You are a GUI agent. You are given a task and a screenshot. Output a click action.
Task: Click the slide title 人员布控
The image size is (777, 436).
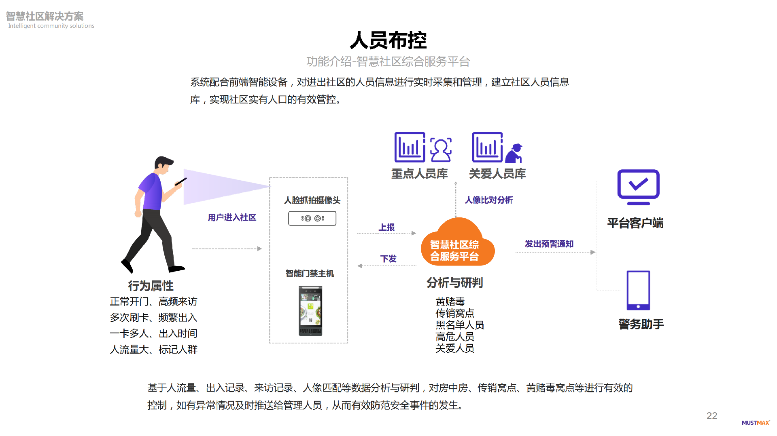tap(388, 40)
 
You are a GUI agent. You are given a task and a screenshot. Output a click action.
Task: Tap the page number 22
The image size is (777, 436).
tap(711, 416)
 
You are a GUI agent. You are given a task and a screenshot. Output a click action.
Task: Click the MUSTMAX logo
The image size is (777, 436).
tap(755, 423)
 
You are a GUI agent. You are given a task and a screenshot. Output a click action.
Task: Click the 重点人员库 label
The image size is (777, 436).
tap(419, 174)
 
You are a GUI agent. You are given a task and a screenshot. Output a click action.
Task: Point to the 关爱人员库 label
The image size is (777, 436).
tap(497, 174)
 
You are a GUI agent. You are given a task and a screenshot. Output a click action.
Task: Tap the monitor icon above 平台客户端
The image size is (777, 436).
tap(638, 186)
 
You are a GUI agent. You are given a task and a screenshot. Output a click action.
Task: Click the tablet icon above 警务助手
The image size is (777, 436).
tap(638, 290)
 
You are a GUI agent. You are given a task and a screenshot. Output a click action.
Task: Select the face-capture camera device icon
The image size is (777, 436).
tap(312, 219)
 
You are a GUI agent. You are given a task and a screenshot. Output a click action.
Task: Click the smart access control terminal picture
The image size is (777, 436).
tap(310, 311)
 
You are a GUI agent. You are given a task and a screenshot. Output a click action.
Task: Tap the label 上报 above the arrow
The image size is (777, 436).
tap(386, 227)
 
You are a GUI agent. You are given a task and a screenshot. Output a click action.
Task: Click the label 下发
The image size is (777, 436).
tap(388, 259)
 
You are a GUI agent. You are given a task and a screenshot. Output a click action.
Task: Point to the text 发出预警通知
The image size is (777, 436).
tap(549, 244)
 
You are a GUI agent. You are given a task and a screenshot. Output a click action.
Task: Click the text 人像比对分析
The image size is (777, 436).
tap(488, 200)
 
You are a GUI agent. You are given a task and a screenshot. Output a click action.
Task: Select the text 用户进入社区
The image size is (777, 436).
tap(232, 218)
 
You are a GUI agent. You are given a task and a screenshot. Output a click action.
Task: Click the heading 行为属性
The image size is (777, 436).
tap(151, 286)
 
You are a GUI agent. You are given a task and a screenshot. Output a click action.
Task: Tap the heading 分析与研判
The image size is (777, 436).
tap(454, 282)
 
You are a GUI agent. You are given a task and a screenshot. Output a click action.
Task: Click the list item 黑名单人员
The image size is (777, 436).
tap(460, 325)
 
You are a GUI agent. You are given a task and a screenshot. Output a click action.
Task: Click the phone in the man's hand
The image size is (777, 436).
tap(181, 182)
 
